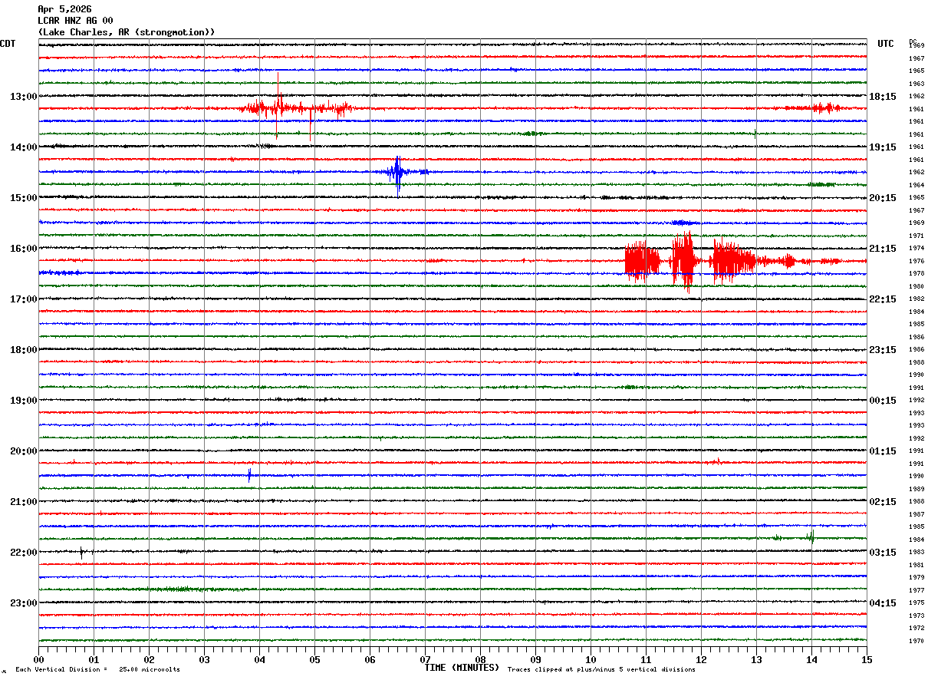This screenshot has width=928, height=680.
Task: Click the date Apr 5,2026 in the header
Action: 64,9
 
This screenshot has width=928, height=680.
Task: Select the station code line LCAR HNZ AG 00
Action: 75,21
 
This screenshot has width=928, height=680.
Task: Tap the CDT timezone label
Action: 8,44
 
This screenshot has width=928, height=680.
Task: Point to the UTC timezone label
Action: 886,44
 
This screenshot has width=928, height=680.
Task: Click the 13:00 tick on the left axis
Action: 23,97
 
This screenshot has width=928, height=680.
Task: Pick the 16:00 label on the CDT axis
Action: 23,249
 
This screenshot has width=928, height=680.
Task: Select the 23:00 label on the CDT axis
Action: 23,603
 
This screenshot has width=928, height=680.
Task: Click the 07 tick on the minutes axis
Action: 425,659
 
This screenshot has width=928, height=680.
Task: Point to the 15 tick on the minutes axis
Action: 867,659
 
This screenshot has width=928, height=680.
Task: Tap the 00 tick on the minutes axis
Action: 38,659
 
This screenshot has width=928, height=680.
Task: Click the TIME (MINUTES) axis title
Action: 462,668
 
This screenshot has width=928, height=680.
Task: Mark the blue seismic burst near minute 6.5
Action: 397,173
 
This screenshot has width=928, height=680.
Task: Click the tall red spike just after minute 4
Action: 278,96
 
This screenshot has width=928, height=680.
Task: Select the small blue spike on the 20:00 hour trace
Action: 249,475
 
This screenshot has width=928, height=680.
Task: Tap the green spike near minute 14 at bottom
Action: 811,536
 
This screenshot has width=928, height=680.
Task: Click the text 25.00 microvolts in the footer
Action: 150,670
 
